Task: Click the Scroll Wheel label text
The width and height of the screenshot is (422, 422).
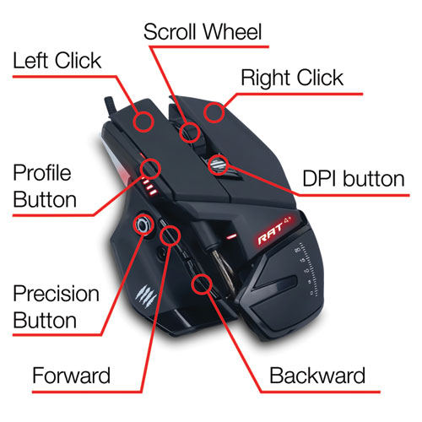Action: tap(203, 31)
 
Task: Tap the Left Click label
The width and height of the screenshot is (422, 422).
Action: tap(57, 60)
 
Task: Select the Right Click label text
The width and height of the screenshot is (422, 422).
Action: tap(292, 78)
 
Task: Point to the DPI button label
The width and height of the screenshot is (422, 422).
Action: tap(354, 179)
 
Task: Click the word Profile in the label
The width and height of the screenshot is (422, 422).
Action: tap(42, 172)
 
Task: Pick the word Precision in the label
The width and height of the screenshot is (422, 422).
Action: tap(57, 294)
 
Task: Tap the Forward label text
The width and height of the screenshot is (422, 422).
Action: tap(71, 376)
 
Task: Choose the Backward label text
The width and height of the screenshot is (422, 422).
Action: tap(317, 376)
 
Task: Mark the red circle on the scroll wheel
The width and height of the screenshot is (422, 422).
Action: tap(190, 133)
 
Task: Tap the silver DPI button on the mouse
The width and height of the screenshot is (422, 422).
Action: tap(219, 165)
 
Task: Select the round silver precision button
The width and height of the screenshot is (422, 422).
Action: tap(143, 225)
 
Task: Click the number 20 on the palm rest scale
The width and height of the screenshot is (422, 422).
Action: tap(297, 250)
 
